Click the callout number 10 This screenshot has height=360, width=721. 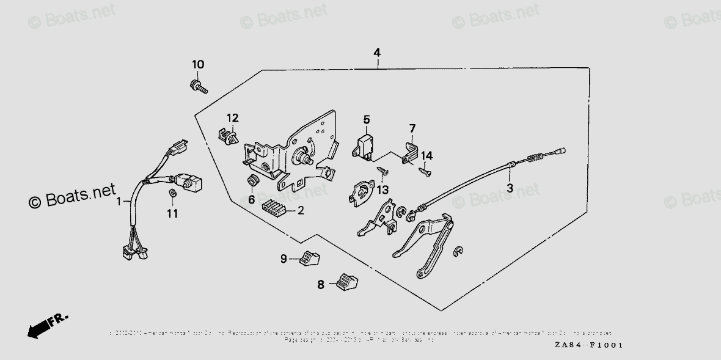click(198, 65)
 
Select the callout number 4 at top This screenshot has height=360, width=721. click(377, 53)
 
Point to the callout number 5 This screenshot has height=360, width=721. click(367, 119)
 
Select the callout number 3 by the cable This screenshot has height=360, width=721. click(509, 188)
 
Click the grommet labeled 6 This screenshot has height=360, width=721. click(251, 182)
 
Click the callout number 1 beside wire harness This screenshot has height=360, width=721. click(120, 201)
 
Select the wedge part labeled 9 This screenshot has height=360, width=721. click(310, 259)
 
